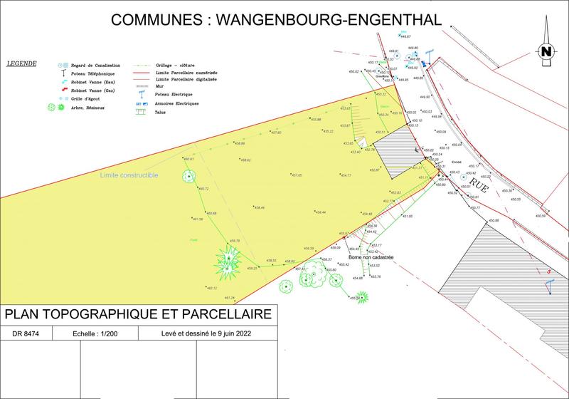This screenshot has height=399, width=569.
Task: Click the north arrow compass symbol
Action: (546, 50)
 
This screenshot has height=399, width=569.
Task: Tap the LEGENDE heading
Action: (21, 63)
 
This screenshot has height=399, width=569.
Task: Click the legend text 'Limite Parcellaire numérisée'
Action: (186, 73)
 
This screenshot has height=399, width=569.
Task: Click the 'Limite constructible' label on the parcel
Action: (129, 175)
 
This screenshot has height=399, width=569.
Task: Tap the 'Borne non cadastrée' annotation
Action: (371, 257)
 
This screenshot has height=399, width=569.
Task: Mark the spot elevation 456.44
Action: (320, 212)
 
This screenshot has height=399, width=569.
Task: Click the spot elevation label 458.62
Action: (244, 160)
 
